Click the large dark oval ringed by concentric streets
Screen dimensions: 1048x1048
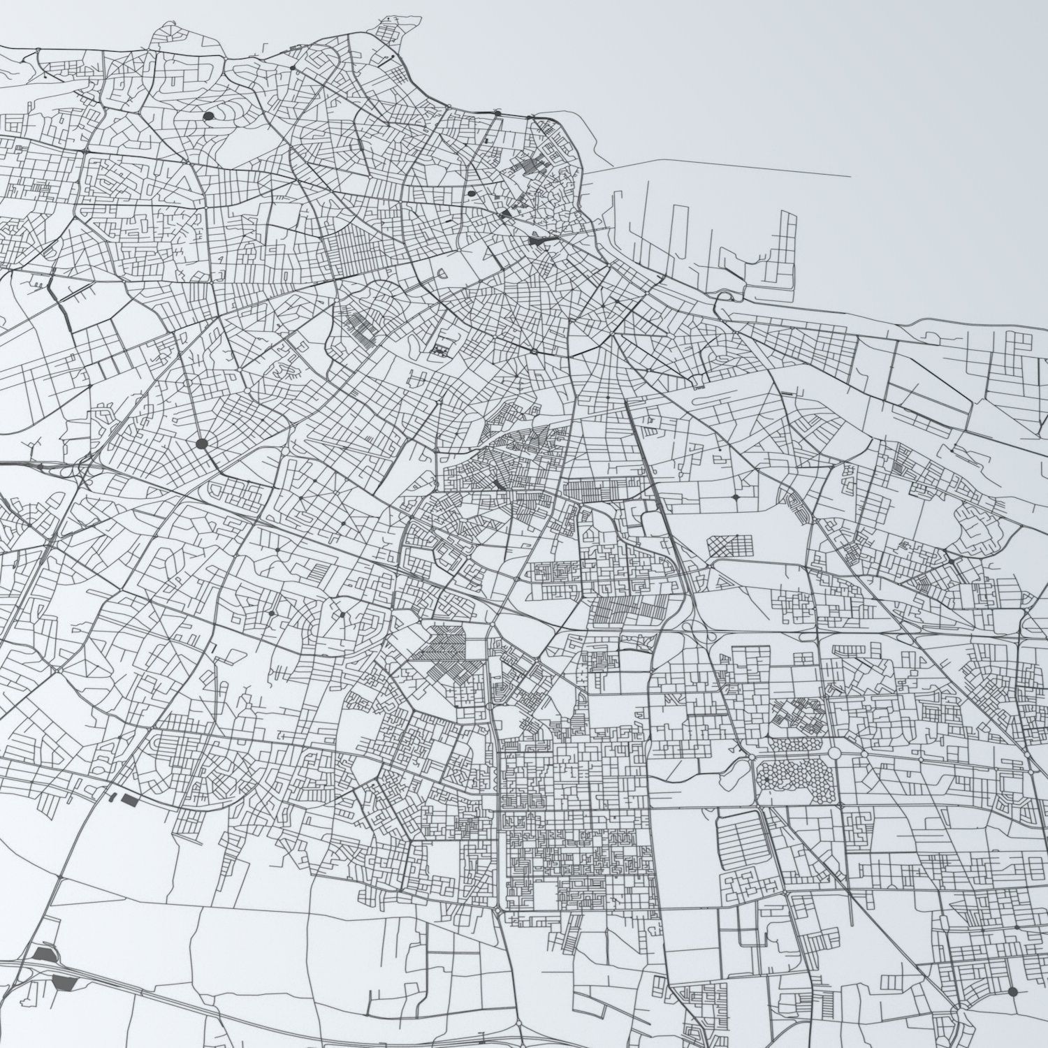click(208, 116)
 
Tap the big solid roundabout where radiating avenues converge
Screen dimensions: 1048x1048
click(202, 443)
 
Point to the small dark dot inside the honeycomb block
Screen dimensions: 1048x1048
click(766, 778)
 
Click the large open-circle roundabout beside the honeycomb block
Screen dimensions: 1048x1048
click(836, 754)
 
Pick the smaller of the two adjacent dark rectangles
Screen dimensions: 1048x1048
click(111, 796)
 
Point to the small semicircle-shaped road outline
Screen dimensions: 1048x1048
click(697, 383)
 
